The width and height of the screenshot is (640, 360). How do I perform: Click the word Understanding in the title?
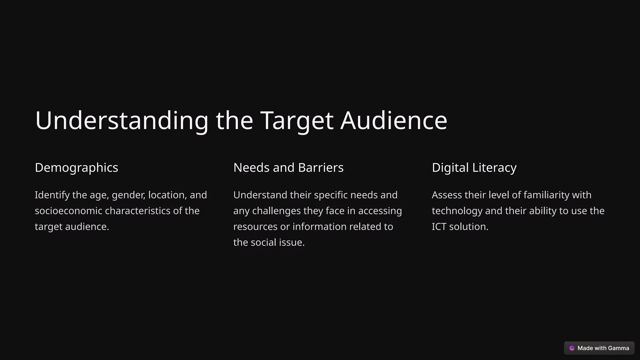122,121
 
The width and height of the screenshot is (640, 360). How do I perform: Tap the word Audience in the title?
394,121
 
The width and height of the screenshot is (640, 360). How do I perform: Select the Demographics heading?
77,168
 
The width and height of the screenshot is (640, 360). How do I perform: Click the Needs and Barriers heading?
288,168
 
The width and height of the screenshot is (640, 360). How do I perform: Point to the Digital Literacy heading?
474,168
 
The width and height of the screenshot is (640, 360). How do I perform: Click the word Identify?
52,195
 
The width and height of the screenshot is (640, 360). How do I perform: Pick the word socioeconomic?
68,211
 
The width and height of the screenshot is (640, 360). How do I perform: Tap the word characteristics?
138,211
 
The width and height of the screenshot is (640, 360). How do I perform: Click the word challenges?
276,211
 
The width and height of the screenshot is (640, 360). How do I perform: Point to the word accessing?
380,211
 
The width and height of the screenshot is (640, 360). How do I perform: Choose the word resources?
255,227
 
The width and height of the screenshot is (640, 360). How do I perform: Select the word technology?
457,211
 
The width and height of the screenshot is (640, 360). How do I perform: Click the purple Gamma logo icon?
572,348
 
